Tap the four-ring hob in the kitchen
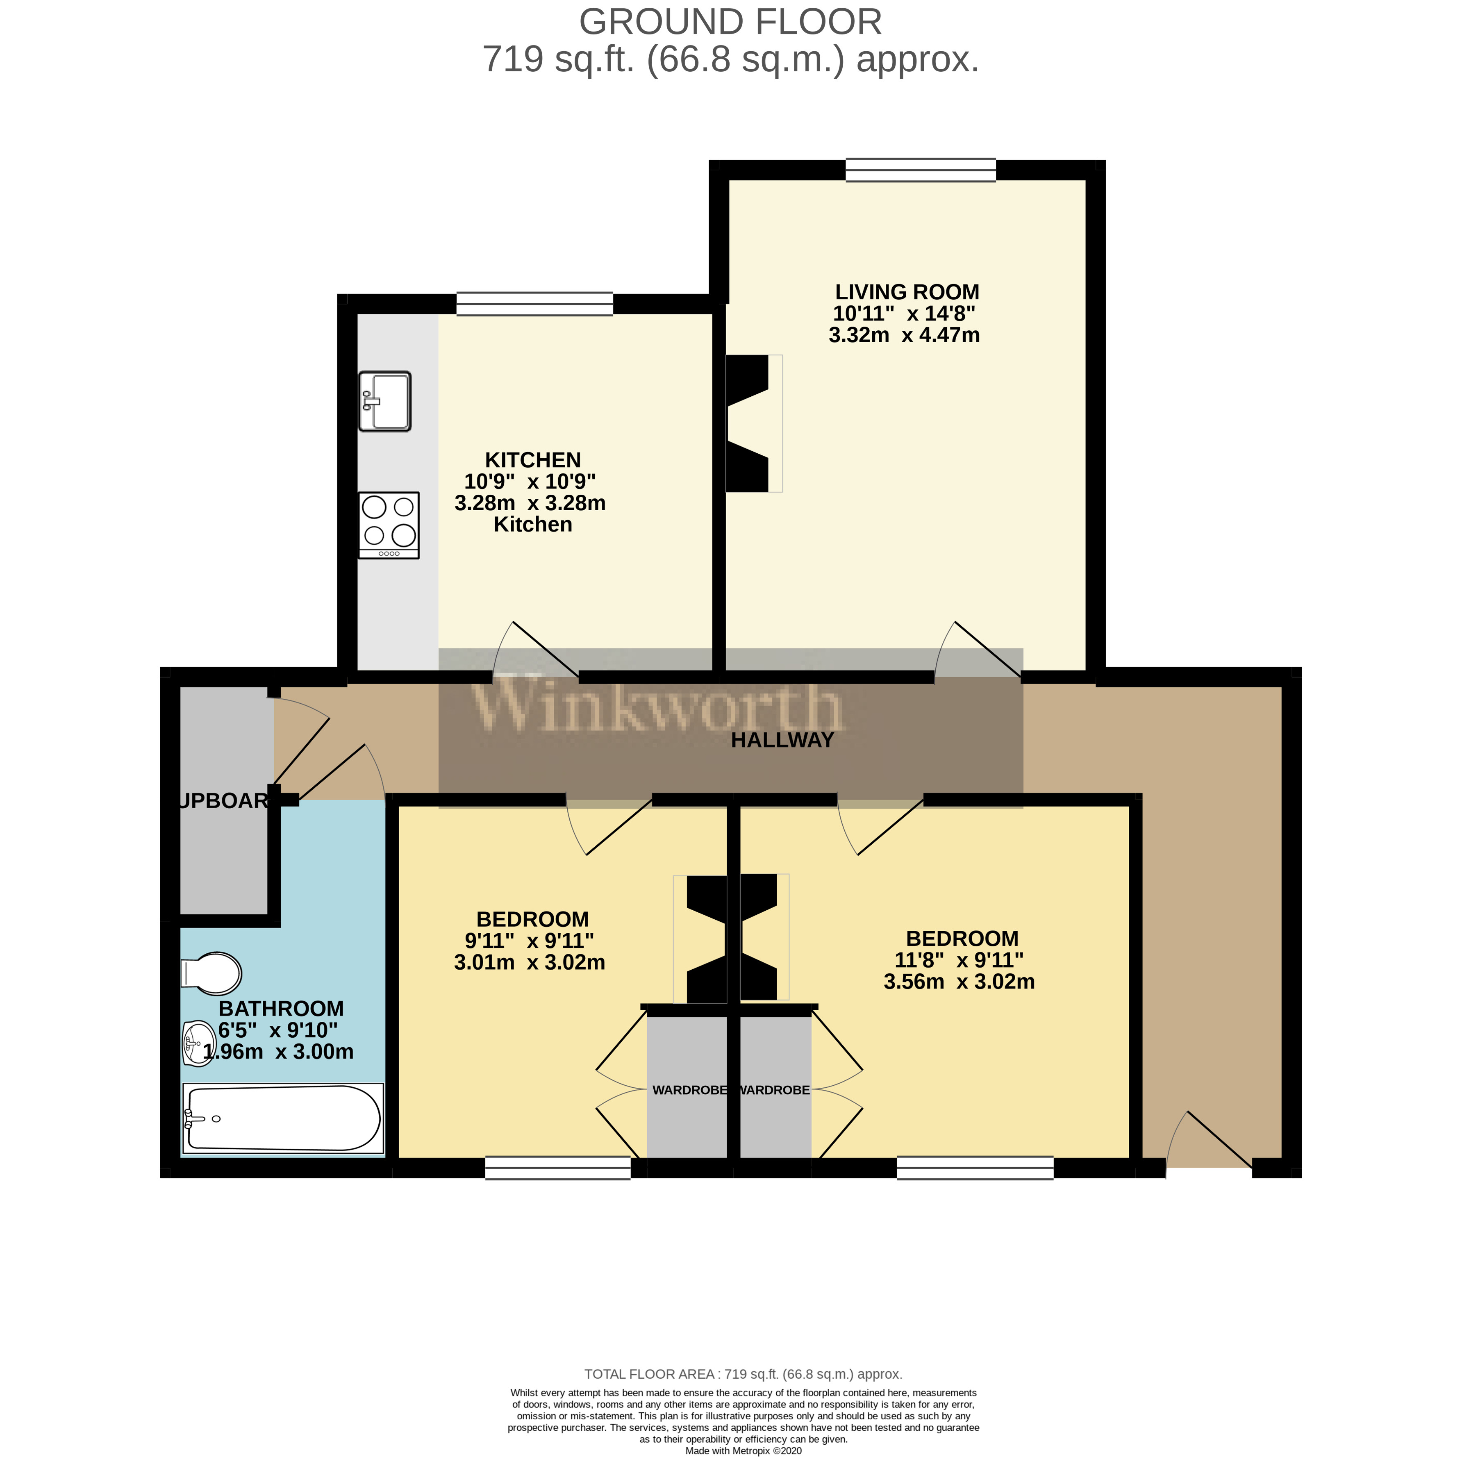pos(389,525)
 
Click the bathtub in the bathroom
pos(282,1119)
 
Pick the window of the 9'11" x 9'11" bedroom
pos(558,1168)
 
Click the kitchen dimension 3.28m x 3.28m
pos(530,503)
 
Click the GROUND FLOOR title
pos(730,22)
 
